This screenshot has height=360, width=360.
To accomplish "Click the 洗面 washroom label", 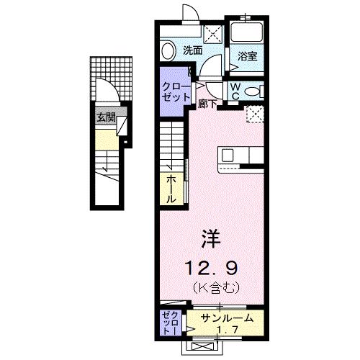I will [x=192, y=50].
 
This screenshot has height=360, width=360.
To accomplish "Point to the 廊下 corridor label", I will [x=208, y=102].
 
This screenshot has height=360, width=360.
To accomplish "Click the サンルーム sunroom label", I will [x=226, y=318].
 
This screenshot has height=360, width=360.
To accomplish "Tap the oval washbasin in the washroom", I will [x=168, y=51].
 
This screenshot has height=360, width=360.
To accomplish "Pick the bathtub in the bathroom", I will [x=246, y=33].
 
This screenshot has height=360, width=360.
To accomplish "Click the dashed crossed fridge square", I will [x=253, y=114].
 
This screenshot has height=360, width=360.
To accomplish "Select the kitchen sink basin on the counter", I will [x=228, y=155].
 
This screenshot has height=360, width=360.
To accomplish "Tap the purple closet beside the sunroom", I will [x=171, y=323].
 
